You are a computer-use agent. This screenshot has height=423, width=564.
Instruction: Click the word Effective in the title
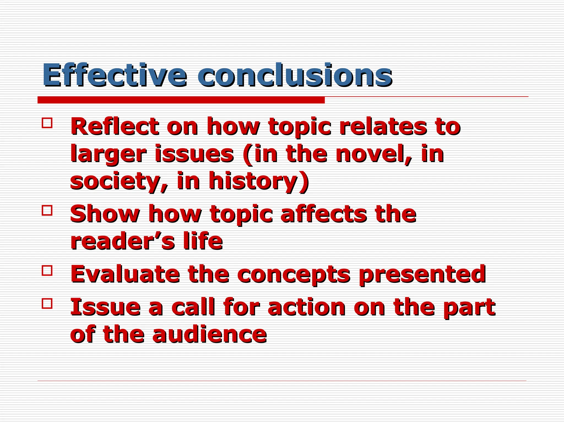coord(114,75)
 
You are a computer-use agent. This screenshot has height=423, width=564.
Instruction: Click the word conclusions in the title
coord(295,75)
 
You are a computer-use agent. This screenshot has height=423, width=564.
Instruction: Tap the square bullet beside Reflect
coord(47,123)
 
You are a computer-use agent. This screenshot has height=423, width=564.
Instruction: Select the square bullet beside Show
coord(47,211)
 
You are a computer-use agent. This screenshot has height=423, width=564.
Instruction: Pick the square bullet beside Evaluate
coord(47,270)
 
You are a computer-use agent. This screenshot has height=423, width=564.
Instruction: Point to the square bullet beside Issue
coord(47,303)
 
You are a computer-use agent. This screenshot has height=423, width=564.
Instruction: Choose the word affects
coord(324,214)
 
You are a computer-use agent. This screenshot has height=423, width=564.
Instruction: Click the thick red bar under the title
coord(181,100)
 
